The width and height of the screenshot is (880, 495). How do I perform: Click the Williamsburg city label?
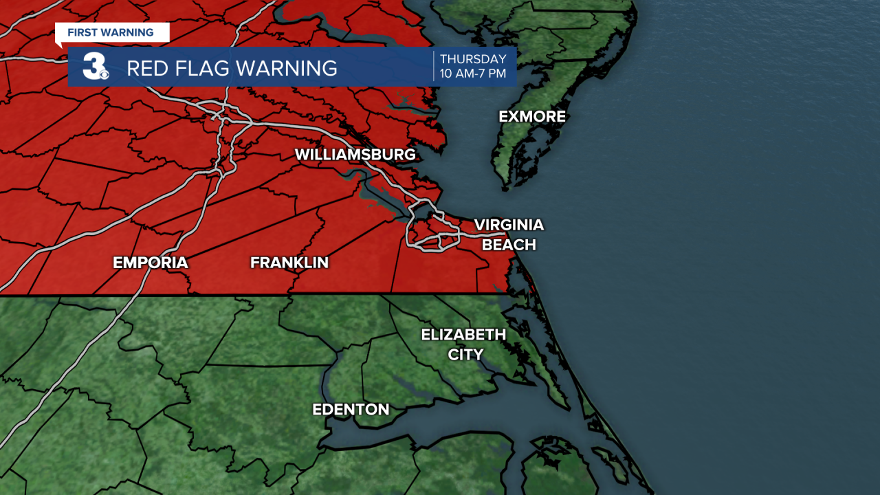pos(355,155)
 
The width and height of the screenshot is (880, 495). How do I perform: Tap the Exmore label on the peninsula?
pos(532,117)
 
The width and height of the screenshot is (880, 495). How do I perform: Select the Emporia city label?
pos(151,263)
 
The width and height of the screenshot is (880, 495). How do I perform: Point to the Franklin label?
pos(289,263)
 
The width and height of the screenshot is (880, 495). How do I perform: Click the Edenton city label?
pos(351,410)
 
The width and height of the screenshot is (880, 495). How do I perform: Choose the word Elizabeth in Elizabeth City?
pos(463,335)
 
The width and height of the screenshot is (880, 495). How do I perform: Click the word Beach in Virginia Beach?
pos(509,245)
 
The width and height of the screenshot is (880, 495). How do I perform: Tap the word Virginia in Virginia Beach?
pos(509,225)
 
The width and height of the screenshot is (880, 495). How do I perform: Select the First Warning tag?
pos(111,32)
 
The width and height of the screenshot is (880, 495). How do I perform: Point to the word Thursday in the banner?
pos(473,59)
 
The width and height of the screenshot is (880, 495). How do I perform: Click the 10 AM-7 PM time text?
pos(473,74)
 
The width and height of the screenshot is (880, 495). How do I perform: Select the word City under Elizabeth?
pos(465,355)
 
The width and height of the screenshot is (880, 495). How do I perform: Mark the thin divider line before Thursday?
pos(434,66)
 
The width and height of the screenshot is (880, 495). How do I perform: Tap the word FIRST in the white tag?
pos(82,32)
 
